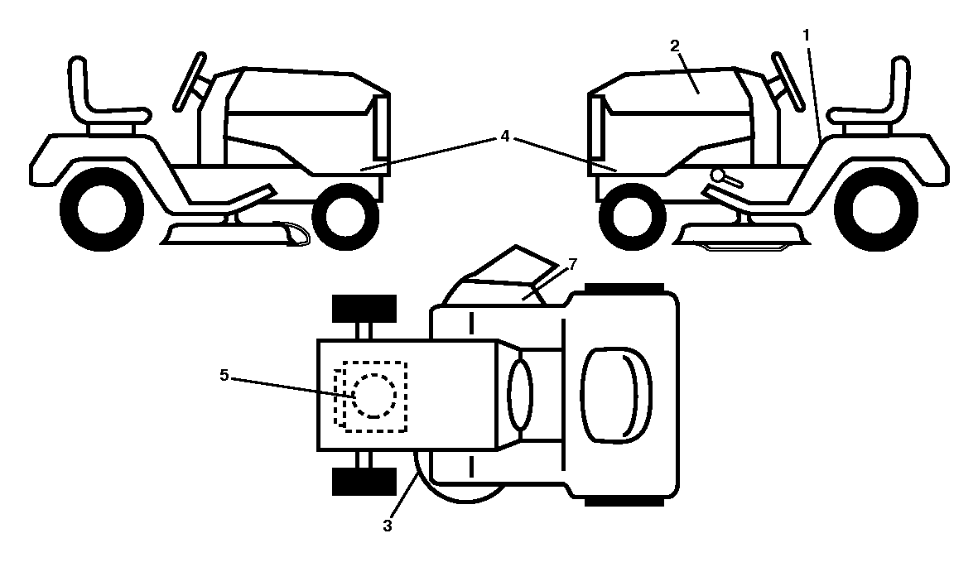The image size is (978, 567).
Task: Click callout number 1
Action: [x=806, y=36]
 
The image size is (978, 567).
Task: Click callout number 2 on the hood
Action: [x=675, y=46]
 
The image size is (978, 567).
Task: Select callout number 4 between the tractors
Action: [x=504, y=136]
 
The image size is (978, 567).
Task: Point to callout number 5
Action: [x=224, y=375]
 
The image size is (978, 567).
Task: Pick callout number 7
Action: [x=573, y=265]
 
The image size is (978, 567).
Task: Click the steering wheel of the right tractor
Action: [x=788, y=80]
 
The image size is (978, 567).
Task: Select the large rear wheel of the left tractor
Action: [x=102, y=208]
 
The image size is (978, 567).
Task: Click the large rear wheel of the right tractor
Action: [x=876, y=208]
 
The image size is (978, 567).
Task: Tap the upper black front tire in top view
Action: [x=364, y=309]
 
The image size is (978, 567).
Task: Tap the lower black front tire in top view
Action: [x=364, y=481]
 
